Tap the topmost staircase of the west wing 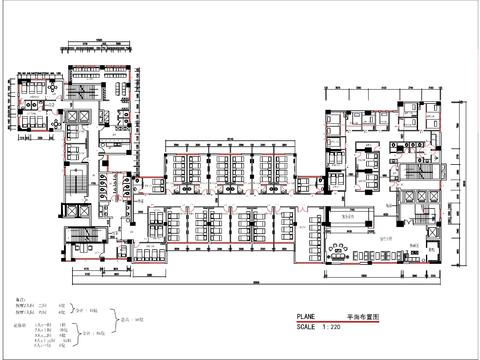click(81, 88)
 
